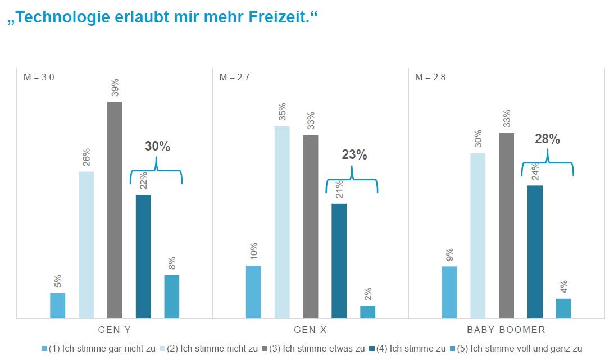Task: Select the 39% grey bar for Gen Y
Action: (115, 210)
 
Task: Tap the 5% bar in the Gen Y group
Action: (58, 306)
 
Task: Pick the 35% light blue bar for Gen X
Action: (282, 222)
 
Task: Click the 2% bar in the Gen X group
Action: (367, 312)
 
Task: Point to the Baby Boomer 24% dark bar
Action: (535, 252)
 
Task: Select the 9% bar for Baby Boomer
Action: (449, 292)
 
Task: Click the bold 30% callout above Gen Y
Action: (157, 147)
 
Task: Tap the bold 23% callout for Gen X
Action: (354, 155)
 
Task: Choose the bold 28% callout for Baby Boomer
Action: (547, 139)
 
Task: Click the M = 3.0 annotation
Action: (39, 77)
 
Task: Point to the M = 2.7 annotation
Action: (234, 77)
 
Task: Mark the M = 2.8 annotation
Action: (430, 77)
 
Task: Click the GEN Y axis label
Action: (115, 330)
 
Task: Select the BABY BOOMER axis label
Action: (506, 330)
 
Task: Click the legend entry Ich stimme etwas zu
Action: (320, 348)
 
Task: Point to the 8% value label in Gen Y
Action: (172, 263)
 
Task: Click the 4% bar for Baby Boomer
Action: (563, 308)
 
